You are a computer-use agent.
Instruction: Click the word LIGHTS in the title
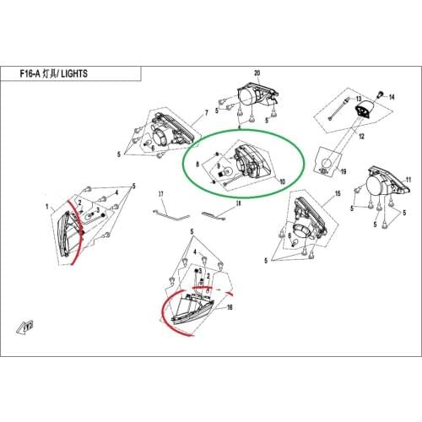coord(74,73)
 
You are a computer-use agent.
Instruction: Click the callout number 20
coord(257,73)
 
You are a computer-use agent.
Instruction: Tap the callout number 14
coord(392,97)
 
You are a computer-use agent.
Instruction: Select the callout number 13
coord(359,99)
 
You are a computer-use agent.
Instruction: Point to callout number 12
coord(361,137)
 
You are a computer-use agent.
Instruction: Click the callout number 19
coord(344,171)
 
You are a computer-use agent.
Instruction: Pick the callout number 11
coord(408,180)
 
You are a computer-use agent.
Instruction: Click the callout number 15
coord(338,193)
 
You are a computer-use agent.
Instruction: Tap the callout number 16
coord(230,307)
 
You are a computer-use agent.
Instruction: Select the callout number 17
coord(160,194)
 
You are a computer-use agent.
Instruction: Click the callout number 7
coord(207,113)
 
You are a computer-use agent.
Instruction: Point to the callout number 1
coord(47,207)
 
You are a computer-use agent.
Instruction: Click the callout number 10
coord(282,181)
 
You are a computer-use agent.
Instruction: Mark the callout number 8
coord(197,164)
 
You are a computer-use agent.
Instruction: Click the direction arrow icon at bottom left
coord(25,327)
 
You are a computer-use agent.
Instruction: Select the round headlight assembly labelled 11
coord(387,183)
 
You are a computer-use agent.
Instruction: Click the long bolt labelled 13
coord(339,110)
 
